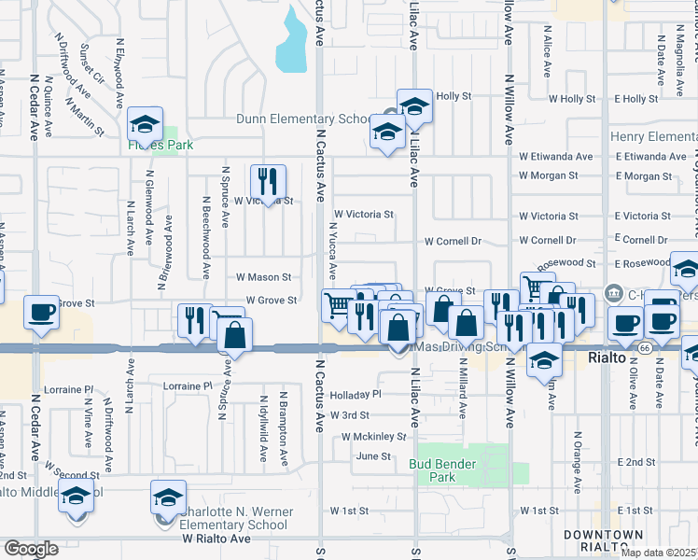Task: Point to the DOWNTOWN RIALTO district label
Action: [x=602, y=540]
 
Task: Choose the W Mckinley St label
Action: [x=373, y=436]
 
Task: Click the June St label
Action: [x=372, y=456]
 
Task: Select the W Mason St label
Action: [x=264, y=277]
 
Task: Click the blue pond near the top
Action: [x=292, y=42]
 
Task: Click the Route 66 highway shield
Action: [x=645, y=347]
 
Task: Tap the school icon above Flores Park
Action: [x=145, y=124]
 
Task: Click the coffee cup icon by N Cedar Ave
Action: [x=42, y=313]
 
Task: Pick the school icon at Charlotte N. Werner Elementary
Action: [x=168, y=497]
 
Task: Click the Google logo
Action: [x=31, y=549]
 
